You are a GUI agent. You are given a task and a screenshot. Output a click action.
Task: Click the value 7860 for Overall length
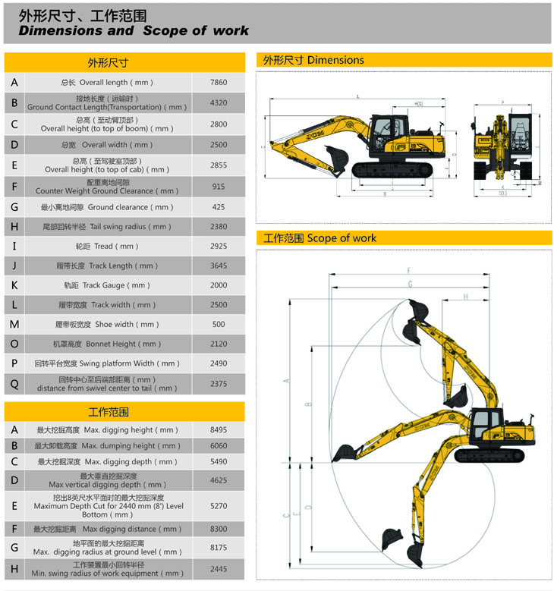point(219,82)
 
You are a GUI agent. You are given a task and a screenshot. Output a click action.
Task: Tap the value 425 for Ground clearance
point(219,206)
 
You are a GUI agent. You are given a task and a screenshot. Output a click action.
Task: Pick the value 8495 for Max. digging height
point(219,430)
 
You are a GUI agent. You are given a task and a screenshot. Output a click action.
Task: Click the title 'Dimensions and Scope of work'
point(134,31)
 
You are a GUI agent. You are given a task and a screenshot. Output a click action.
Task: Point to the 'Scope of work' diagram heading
point(319,238)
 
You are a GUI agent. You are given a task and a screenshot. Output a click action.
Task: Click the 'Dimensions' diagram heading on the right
point(313,60)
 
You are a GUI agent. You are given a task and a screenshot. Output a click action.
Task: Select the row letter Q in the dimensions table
point(14,384)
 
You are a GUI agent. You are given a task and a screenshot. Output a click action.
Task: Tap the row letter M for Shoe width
point(14,325)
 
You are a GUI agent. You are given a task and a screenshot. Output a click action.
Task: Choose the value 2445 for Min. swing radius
point(219,569)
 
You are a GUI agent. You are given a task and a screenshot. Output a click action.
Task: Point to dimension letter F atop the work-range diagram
point(409,271)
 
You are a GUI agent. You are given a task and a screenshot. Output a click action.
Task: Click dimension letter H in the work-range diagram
point(465,297)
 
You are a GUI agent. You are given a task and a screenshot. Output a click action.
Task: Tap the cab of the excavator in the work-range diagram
point(486,426)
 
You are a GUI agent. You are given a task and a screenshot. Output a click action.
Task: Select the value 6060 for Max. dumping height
point(219,446)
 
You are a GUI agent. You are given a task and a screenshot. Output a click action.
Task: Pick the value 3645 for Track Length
point(219,266)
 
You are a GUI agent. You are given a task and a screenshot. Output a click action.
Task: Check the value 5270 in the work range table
point(219,505)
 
